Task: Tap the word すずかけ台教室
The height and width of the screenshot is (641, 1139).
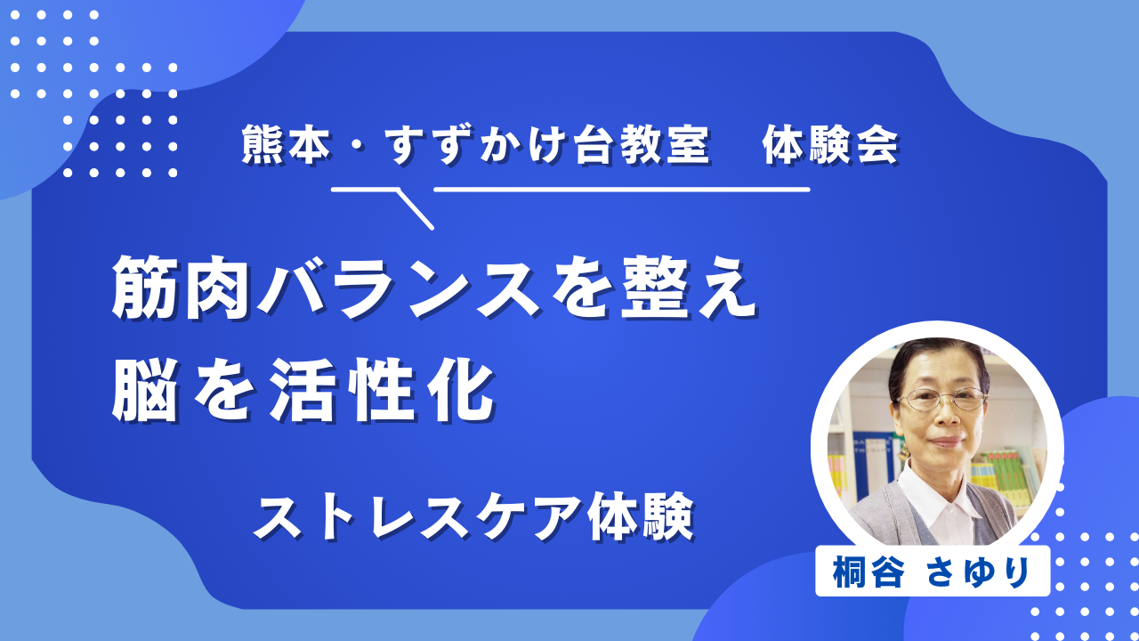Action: [546, 145]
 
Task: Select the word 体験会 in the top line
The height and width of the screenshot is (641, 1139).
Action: [830, 145]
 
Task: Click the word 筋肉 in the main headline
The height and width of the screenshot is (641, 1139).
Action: [181, 288]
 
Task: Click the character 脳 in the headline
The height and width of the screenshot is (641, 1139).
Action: [145, 390]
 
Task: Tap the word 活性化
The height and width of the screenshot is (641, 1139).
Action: [383, 390]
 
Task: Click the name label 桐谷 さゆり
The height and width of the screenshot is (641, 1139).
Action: [933, 572]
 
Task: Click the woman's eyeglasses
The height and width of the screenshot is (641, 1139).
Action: [941, 400]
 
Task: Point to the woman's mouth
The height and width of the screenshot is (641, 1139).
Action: [947, 442]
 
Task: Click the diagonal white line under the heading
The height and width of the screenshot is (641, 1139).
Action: [415, 209]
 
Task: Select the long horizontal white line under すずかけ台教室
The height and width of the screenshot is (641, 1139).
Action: [621, 190]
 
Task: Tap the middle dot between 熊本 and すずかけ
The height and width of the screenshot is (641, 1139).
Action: [358, 146]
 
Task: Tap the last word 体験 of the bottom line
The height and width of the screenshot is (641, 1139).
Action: [641, 517]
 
